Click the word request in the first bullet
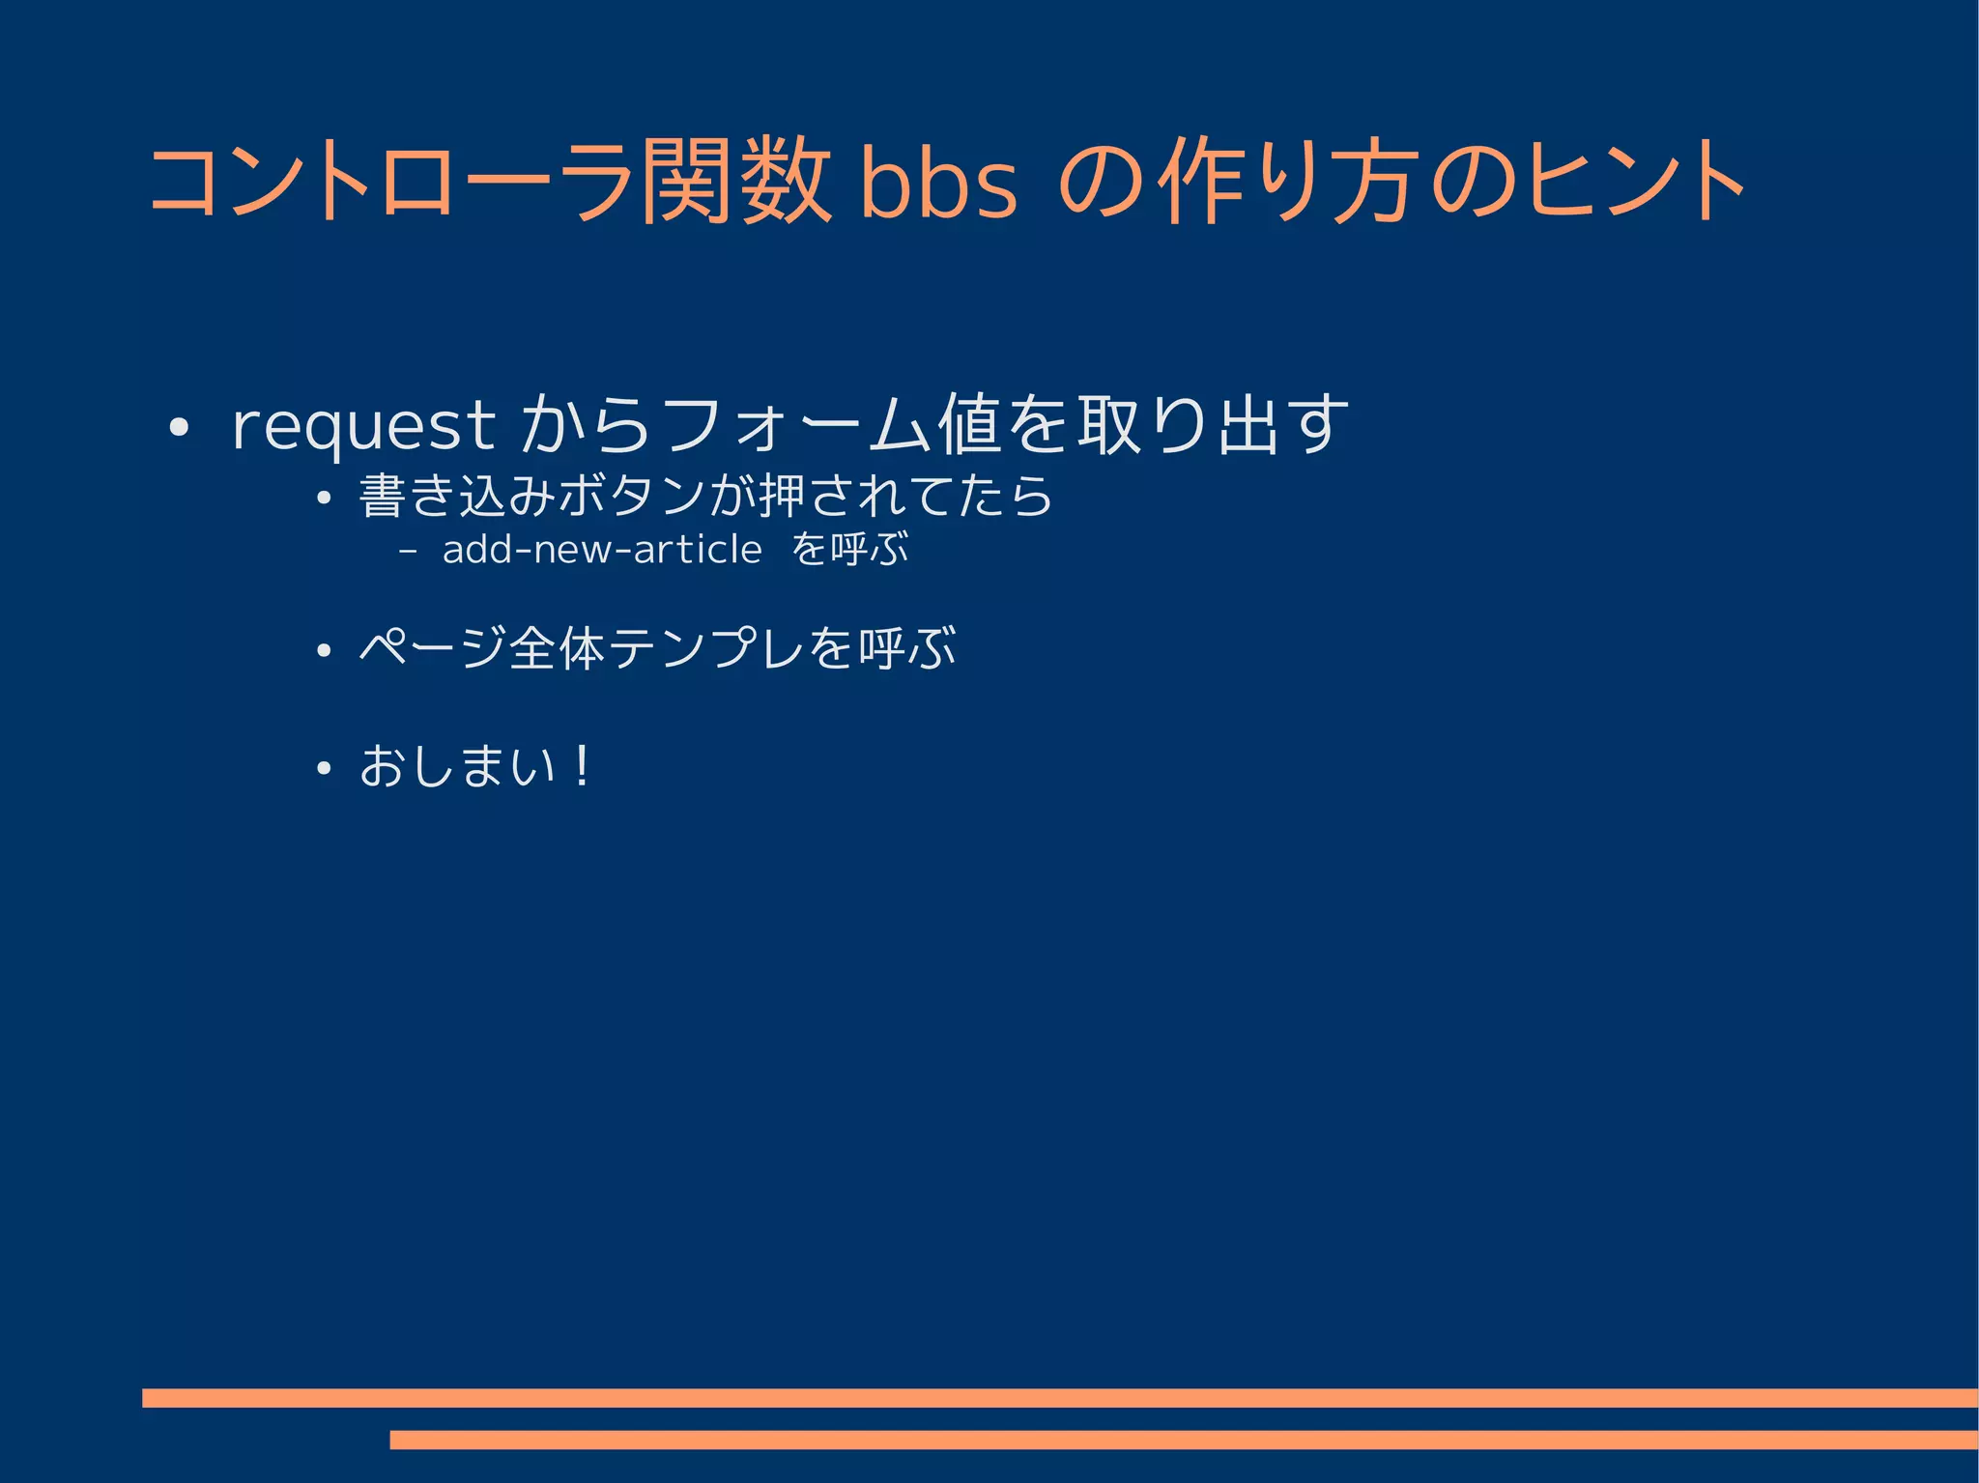coord(363,425)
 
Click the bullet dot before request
coord(177,427)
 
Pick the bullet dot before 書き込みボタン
coord(324,499)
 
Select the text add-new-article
coord(602,550)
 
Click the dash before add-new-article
coord(407,551)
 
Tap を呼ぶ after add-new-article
coord(849,550)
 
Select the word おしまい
coord(457,767)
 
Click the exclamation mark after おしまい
coord(581,767)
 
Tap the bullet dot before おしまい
coord(324,770)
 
